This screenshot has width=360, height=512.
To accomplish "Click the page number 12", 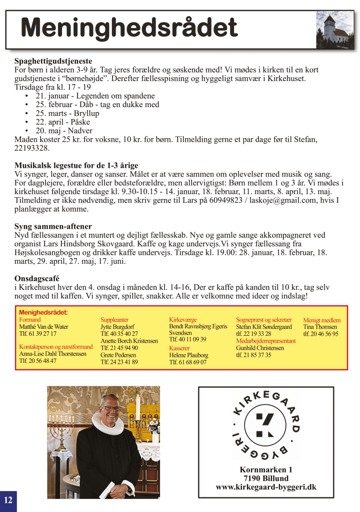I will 8,500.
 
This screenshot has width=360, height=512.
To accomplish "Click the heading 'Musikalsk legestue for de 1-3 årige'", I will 76,165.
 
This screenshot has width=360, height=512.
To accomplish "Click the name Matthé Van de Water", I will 43,326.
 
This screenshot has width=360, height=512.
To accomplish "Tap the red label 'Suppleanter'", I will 114,319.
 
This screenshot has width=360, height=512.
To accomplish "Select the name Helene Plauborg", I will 188,355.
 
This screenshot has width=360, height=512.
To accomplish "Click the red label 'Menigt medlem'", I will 322,320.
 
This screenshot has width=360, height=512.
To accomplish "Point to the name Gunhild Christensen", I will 260,348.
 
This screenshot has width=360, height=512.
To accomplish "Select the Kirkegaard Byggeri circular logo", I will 266,425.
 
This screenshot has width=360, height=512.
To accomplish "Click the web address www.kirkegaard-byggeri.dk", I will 266,487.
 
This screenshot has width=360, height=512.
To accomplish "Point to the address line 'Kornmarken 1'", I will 266,469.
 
